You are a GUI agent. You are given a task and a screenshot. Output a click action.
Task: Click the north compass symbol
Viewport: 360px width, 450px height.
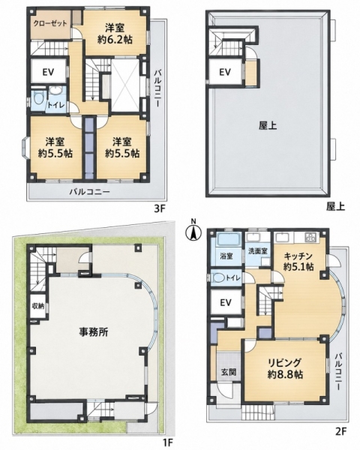[193, 232]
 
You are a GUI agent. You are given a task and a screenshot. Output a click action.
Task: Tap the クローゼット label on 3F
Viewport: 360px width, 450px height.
[50, 23]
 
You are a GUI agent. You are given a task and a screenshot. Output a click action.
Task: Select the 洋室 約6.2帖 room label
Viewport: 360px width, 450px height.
[115, 34]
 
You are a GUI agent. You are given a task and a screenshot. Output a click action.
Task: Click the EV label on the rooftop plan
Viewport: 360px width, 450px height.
[225, 72]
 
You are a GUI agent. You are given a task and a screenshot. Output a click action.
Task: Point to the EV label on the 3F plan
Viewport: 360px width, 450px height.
[49, 72]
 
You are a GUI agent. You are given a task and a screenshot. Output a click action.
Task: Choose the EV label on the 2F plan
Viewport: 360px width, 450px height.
[226, 302]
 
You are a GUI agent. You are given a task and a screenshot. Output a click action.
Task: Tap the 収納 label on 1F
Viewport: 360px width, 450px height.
[38, 306]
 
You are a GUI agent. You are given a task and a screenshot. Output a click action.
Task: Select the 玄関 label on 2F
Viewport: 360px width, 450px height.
[229, 372]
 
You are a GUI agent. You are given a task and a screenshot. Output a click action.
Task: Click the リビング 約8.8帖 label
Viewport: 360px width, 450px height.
[285, 368]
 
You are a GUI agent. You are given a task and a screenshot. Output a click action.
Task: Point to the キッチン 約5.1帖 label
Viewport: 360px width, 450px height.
[298, 261]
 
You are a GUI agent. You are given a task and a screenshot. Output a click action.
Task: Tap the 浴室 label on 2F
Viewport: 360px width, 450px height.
[226, 256]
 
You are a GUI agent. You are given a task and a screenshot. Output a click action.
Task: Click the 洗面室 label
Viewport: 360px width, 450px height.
[258, 250]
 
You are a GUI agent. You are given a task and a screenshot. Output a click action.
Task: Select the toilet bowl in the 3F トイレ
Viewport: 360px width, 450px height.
[37, 99]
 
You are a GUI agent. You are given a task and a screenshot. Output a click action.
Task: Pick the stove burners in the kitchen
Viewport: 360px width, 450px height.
[311, 237]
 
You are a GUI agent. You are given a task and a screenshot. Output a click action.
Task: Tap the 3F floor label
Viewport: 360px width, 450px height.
[159, 208]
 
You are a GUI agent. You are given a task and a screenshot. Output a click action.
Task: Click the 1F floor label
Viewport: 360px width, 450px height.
[168, 441]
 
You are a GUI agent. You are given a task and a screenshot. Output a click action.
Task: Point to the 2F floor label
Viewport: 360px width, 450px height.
[342, 430]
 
